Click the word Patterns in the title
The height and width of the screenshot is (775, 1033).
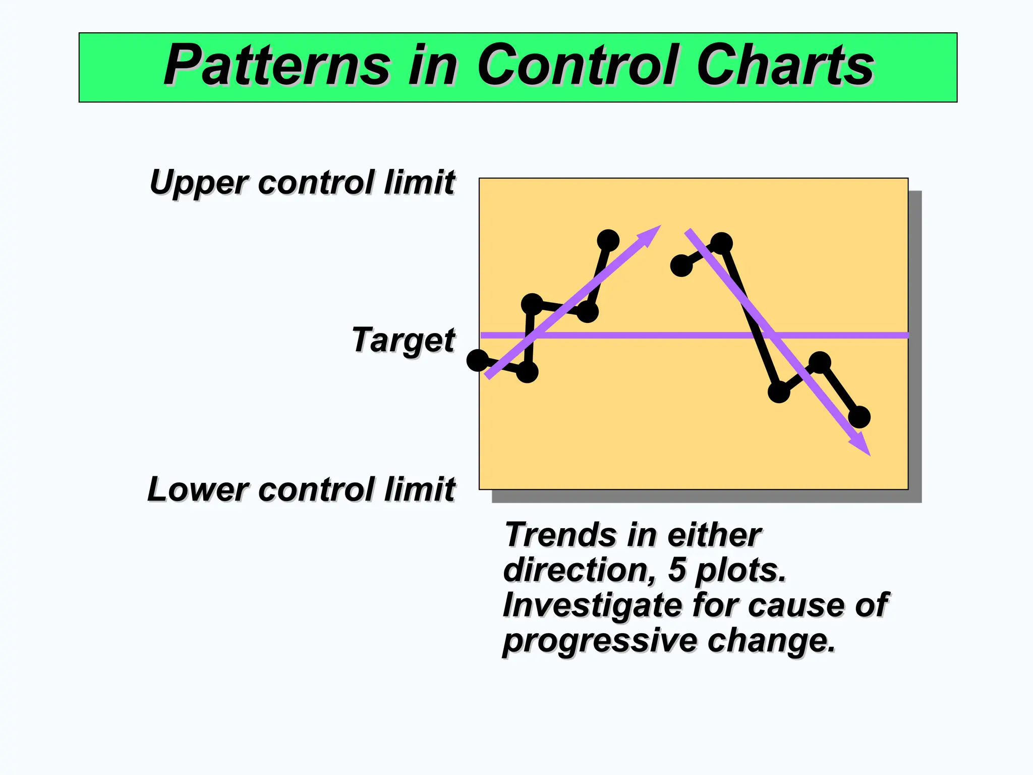(277, 66)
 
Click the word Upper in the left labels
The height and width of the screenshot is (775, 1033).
(199, 183)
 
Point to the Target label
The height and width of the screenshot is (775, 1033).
(404, 340)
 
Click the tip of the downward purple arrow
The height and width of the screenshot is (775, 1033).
(869, 454)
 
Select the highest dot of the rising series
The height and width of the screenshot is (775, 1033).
(608, 240)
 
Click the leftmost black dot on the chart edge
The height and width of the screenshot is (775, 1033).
(478, 360)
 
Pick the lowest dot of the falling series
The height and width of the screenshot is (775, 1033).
(859, 417)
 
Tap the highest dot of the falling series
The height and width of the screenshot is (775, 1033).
(722, 243)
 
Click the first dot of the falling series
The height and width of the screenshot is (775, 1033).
(681, 265)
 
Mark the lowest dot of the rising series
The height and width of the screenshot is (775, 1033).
(528, 372)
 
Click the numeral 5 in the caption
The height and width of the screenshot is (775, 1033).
(677, 570)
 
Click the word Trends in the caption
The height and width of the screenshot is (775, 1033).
(555, 535)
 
